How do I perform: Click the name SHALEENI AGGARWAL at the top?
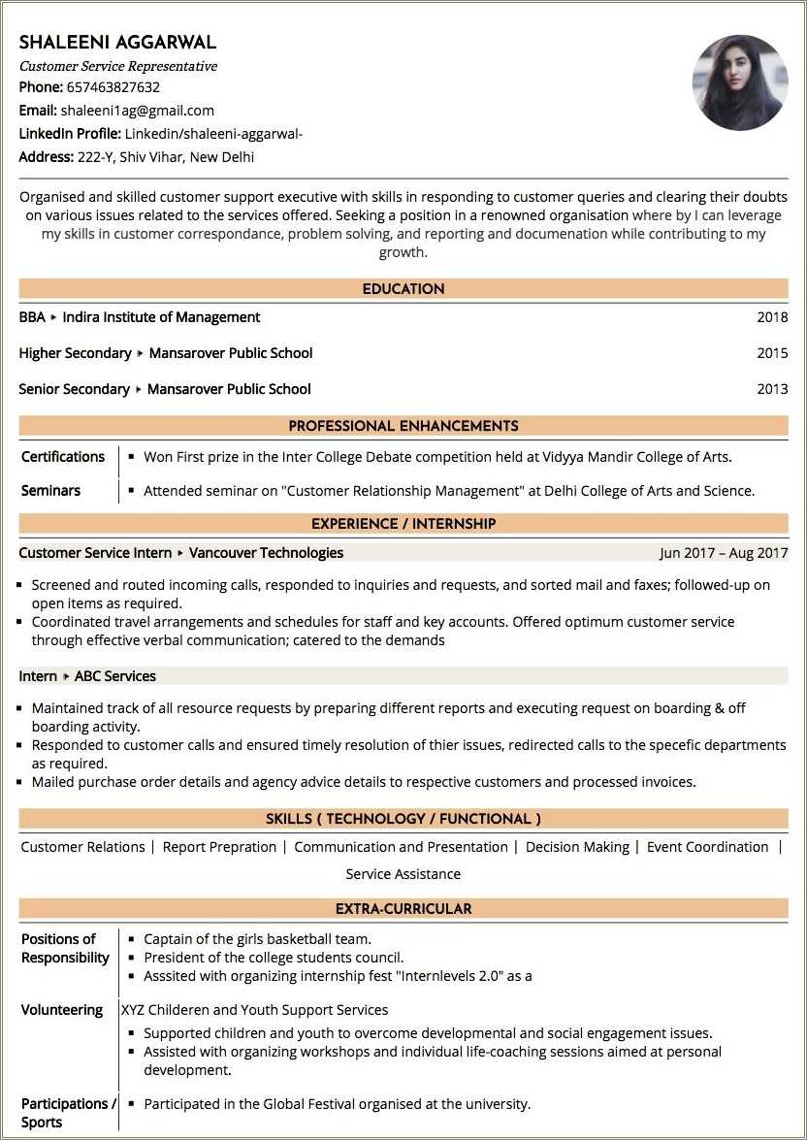coord(117,43)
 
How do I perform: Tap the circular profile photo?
coord(739,83)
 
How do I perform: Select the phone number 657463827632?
coord(113,87)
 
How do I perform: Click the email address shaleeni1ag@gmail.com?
coord(137,111)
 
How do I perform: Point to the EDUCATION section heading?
coord(403,289)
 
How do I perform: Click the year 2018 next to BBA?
coord(772,317)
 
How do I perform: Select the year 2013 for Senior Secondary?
coord(772,389)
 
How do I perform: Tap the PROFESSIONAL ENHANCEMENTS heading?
coord(403,426)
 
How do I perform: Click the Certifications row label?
coord(63,457)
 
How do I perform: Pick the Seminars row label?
coord(50,491)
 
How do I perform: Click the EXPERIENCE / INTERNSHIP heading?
coord(403,524)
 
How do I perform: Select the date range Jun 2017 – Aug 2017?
coord(724,553)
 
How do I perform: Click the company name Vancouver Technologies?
coord(266,553)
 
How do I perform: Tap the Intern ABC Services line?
coord(87,676)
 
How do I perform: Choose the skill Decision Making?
coord(577,847)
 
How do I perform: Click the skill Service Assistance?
coord(403,874)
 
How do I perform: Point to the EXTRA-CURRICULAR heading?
coord(403,909)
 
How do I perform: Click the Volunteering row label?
coord(62,1010)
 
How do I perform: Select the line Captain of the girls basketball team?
coord(257,939)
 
